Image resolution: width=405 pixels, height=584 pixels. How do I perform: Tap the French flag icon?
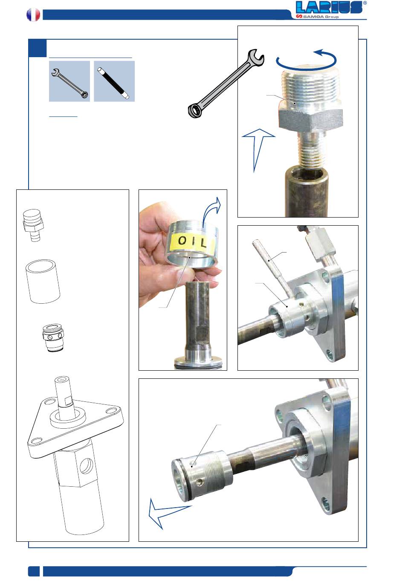click(x=33, y=15)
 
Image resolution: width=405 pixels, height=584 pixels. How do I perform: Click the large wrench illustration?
click(x=226, y=83)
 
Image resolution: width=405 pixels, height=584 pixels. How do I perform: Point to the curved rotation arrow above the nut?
click(x=307, y=60)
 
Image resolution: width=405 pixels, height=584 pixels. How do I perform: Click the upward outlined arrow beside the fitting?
click(x=258, y=150)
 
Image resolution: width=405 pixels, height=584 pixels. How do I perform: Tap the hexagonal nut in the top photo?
click(x=310, y=119)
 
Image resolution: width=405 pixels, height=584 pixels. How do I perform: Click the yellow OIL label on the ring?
click(x=192, y=241)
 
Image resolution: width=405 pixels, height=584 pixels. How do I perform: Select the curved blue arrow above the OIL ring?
click(x=211, y=211)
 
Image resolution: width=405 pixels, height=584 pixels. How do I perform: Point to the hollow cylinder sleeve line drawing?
click(x=43, y=281)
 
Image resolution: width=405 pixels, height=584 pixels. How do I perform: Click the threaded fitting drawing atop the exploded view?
click(x=33, y=225)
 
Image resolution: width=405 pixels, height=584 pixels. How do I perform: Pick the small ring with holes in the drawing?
click(x=53, y=338)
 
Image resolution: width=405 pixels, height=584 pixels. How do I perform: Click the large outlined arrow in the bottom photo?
click(x=167, y=514)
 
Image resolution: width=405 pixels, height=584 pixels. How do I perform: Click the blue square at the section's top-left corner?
click(x=38, y=48)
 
